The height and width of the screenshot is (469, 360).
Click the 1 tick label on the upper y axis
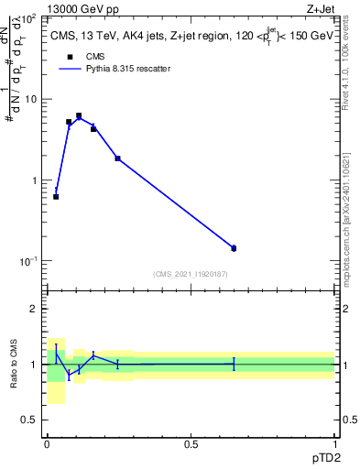[x=36, y=180]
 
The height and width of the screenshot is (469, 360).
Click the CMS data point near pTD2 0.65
[x=234, y=248]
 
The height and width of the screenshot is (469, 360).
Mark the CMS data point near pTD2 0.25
[x=117, y=158]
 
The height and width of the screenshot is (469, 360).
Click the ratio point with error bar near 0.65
[x=234, y=364]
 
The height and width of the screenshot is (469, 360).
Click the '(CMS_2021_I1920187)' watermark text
[x=190, y=274]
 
